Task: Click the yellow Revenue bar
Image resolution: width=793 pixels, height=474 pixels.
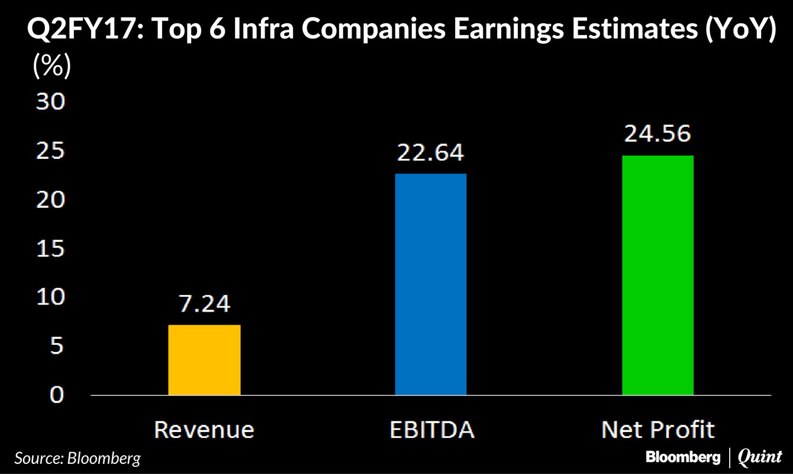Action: pos(204,360)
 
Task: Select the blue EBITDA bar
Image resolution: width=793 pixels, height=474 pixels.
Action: pos(431,284)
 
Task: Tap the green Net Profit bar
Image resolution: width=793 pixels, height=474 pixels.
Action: pos(657,275)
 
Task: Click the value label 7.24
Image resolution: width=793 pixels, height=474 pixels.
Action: pos(204,303)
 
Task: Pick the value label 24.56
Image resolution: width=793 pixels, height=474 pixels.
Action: pos(657,134)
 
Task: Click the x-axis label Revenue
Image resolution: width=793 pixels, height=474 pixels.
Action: pos(204,430)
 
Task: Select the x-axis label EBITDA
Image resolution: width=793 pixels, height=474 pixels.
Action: pos(431,430)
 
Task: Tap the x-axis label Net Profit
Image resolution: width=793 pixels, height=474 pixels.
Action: pos(657,430)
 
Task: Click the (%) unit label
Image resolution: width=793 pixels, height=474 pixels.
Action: pos(51,66)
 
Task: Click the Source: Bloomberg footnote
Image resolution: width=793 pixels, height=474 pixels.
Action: pos(78,458)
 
